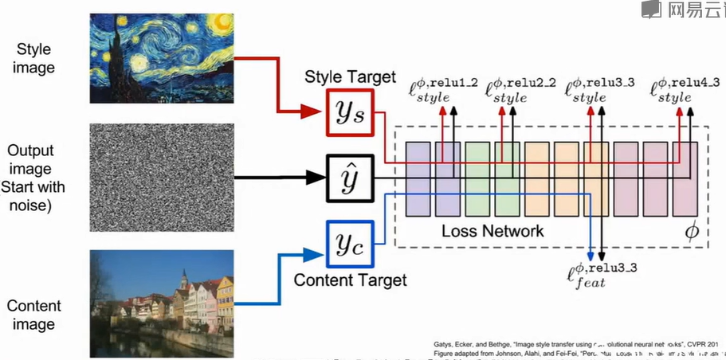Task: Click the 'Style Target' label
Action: tap(351, 77)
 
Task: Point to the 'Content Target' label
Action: tap(350, 280)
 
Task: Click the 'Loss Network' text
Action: tap(493, 231)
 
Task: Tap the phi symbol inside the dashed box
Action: tap(691, 231)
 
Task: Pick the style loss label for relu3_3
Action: tap(599, 90)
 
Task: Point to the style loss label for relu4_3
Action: tap(686, 90)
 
